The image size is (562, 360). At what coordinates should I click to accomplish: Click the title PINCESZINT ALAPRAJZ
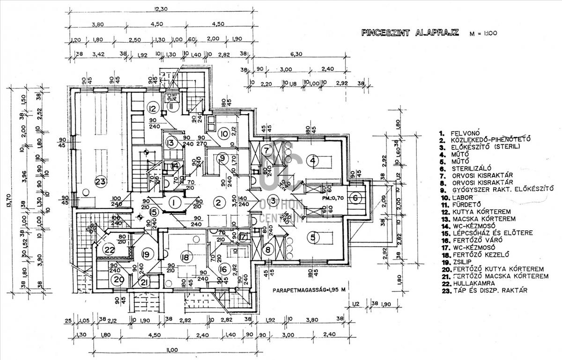tap(410, 33)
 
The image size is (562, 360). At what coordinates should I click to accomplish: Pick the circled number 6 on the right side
tap(355, 198)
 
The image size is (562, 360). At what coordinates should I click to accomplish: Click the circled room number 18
tap(186, 257)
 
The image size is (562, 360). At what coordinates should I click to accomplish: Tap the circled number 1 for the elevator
tap(174, 203)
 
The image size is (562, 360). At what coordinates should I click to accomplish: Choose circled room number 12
tap(152, 109)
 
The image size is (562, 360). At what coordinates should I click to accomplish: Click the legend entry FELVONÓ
tap(466, 133)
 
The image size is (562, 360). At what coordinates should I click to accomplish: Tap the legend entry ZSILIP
tap(464, 262)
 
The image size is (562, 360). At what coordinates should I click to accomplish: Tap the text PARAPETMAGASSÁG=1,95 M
tap(310, 290)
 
